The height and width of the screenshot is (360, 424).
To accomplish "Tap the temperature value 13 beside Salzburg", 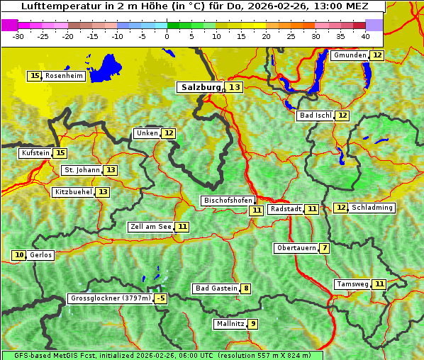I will pyautogui.click(x=235, y=87).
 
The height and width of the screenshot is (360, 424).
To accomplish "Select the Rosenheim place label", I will pyautogui.click(x=65, y=76).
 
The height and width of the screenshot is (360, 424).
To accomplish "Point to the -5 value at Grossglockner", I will pyautogui.click(x=161, y=299).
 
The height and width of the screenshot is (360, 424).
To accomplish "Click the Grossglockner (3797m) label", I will pyautogui.click(x=111, y=299).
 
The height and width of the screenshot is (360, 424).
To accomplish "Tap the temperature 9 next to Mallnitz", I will pyautogui.click(x=252, y=324).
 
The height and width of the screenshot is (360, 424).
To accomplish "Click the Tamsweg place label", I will pyautogui.click(x=352, y=284).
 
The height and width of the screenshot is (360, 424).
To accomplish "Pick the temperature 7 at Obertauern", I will pyautogui.click(x=324, y=248).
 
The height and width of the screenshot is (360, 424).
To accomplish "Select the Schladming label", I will pyautogui.click(x=372, y=208).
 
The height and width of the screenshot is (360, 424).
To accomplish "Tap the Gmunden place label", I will pyautogui.click(x=350, y=55).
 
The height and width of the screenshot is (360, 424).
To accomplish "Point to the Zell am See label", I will pyautogui.click(x=151, y=227).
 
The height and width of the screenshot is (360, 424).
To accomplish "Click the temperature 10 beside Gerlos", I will pyautogui.click(x=19, y=255).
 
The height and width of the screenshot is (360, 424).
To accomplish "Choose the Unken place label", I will pyautogui.click(x=147, y=133).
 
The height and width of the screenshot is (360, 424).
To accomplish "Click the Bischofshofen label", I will pyautogui.click(x=227, y=201).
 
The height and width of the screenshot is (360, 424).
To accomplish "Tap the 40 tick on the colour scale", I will pyautogui.click(x=364, y=36).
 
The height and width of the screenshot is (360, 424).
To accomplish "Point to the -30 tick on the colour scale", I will pyautogui.click(x=18, y=36).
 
